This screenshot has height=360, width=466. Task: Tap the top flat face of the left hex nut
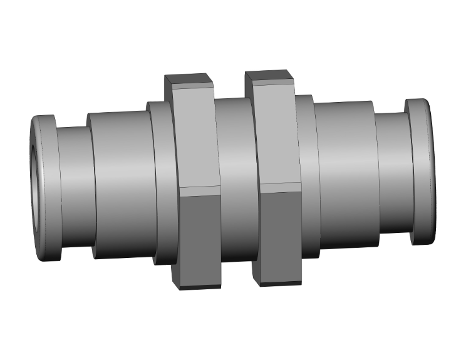click(188, 81)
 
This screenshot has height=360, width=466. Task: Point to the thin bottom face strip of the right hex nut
click(279, 283)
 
